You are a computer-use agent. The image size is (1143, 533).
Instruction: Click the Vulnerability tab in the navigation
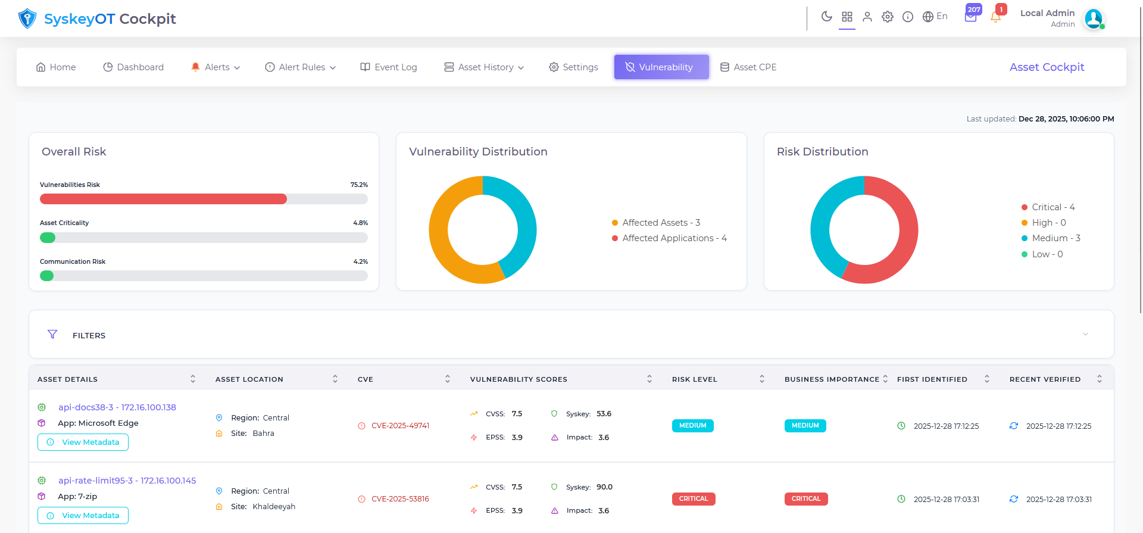click(661, 67)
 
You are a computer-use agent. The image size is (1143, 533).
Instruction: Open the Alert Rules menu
click(301, 67)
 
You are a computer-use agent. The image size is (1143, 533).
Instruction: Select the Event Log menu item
click(389, 67)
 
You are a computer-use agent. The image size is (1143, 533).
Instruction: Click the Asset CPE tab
click(748, 67)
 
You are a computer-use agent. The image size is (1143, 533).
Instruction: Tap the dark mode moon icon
click(826, 17)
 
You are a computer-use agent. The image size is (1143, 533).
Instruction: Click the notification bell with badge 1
click(995, 17)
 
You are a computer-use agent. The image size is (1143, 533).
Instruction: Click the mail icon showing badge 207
click(970, 17)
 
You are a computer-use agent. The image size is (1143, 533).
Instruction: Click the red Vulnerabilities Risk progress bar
click(163, 199)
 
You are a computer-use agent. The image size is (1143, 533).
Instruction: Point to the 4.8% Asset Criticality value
click(360, 223)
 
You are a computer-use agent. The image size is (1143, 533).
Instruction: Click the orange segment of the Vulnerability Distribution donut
click(444, 238)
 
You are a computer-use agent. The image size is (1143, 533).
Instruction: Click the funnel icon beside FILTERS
click(52, 335)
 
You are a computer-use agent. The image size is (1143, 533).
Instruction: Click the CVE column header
click(366, 379)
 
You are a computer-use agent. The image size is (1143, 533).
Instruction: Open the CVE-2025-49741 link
click(400, 426)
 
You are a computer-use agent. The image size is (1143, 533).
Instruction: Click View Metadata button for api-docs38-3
click(83, 442)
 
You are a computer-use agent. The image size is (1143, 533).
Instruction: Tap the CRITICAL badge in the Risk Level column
click(694, 499)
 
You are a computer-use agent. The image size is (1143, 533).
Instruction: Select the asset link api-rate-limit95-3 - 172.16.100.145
click(127, 481)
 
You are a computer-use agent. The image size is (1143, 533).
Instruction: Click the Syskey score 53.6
click(604, 414)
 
